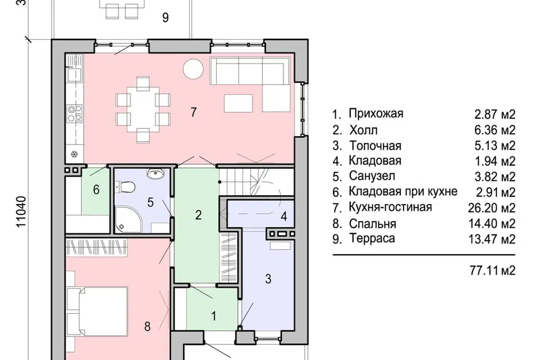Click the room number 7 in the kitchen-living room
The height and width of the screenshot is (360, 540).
point(193,112)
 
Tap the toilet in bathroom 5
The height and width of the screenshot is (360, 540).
point(125,187)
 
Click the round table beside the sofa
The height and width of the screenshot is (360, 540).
point(193,69)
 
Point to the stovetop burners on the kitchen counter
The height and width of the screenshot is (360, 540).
point(74,113)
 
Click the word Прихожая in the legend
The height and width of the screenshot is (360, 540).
point(376,113)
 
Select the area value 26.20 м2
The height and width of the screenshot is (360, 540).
point(492,208)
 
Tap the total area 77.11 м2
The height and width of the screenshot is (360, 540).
point(493,271)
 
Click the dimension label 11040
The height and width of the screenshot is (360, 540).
point(21,212)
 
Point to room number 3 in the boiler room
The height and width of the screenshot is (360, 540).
point(268,278)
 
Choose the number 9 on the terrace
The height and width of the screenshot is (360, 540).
point(165,17)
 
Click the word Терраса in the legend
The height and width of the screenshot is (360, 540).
point(372,238)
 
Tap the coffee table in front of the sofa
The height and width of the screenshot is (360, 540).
point(238,103)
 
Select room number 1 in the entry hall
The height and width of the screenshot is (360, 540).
point(214,316)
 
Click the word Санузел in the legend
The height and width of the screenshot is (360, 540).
point(372,176)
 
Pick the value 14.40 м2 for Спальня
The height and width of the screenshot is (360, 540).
point(492,223)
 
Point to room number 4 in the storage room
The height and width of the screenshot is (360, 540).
point(283,217)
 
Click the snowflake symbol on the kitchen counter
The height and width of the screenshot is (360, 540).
point(74,154)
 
